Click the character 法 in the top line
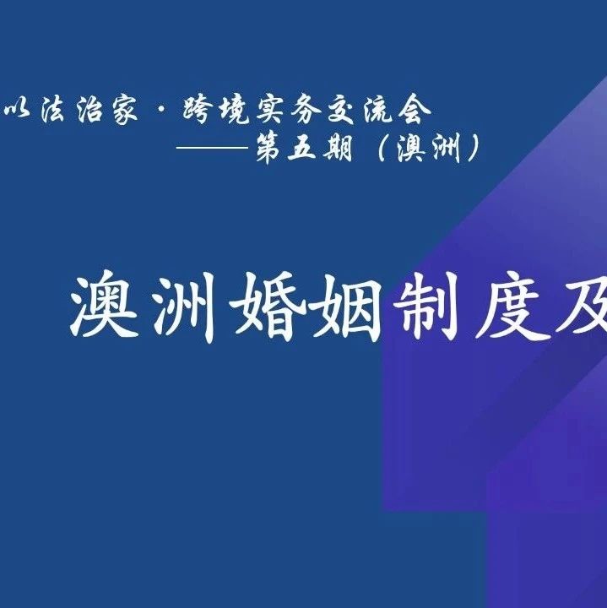(53, 109)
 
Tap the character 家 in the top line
(125, 110)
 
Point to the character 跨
(198, 109)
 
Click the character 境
(234, 110)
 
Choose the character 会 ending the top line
(415, 110)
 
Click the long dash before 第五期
(213, 147)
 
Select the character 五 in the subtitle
(301, 148)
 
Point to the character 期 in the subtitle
(338, 148)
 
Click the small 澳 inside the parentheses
(410, 149)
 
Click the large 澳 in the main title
(104, 305)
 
